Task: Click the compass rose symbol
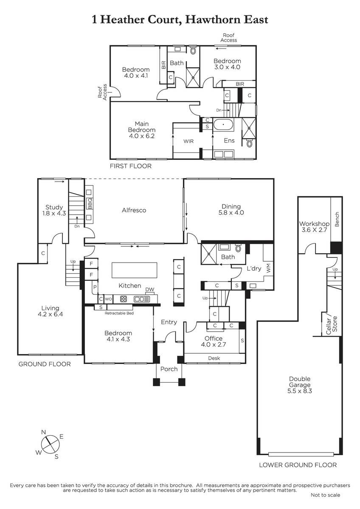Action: point(50,444)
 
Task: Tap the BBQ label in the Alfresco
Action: point(90,203)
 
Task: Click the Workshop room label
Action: point(314,224)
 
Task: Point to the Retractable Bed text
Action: point(119,313)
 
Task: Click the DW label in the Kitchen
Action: point(149,289)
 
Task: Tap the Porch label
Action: point(169,369)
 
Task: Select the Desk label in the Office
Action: point(214,358)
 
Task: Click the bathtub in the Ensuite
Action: point(223,125)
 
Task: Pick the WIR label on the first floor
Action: point(188,141)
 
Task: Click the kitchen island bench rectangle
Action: point(135,270)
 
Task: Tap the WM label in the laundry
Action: point(269,268)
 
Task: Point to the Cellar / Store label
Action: point(332,324)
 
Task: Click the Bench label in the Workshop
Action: point(337,219)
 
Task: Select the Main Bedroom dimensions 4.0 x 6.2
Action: point(142,136)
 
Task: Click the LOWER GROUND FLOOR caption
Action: point(298,465)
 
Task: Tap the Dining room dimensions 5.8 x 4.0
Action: point(231,213)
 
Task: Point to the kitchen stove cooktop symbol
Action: point(124,299)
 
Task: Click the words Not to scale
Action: point(326,495)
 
